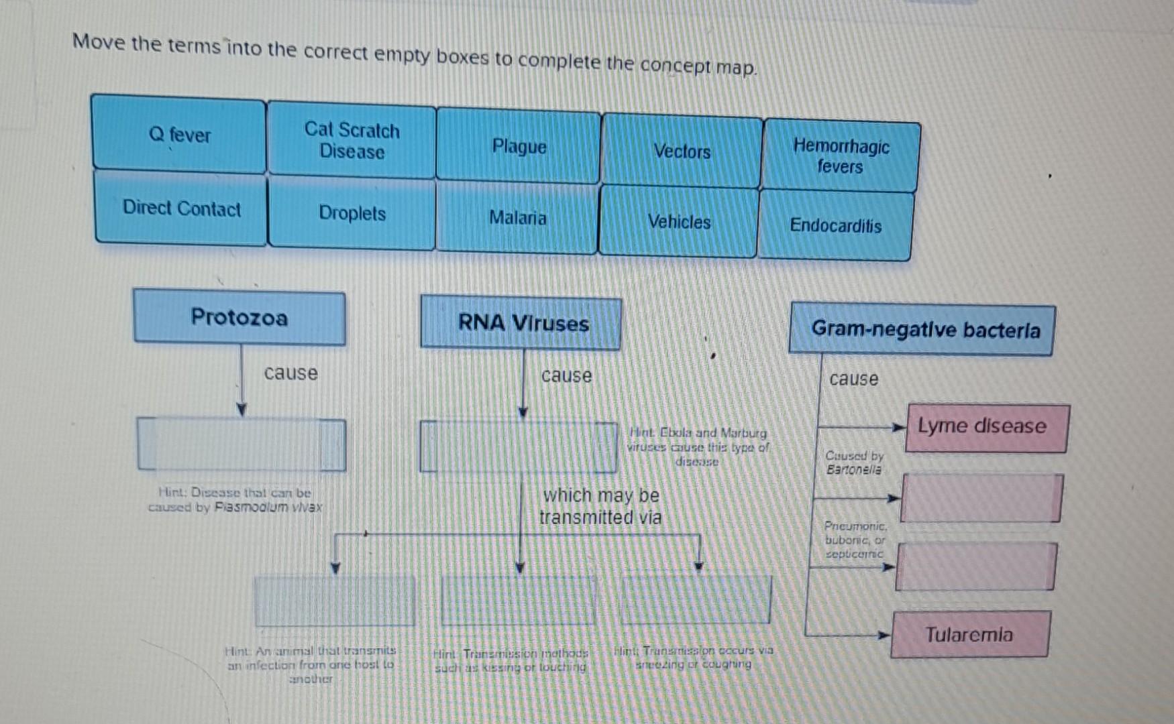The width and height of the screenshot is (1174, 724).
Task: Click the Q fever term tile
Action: tap(179, 135)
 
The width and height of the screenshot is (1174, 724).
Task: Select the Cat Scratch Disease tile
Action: tap(352, 141)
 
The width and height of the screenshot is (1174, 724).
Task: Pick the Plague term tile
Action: tap(519, 147)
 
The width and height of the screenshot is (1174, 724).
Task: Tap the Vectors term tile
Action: tap(682, 152)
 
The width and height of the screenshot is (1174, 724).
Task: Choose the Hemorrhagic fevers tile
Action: tap(841, 156)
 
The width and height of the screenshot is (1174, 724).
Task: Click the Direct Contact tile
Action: tap(181, 208)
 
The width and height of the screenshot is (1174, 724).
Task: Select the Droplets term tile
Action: tap(352, 213)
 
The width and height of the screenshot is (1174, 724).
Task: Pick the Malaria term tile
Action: tap(517, 218)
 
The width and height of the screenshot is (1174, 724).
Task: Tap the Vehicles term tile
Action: tap(679, 222)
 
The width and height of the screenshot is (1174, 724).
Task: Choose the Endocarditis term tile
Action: tap(835, 225)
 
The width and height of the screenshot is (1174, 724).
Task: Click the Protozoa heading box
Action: tap(239, 317)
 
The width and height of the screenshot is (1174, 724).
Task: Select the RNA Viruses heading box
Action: tap(522, 323)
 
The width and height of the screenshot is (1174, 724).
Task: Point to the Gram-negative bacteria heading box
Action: tap(924, 329)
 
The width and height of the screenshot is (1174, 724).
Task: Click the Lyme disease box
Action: tap(985, 427)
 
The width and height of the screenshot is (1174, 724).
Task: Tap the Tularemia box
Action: tap(969, 634)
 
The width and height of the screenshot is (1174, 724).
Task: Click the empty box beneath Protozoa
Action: tap(242, 444)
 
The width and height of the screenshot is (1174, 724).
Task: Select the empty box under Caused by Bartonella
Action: tap(981, 498)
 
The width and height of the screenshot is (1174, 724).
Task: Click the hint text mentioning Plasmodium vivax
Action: tap(235, 500)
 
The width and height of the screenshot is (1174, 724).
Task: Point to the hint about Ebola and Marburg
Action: tap(698, 447)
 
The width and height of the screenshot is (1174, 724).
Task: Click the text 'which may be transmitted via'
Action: tap(600, 506)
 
